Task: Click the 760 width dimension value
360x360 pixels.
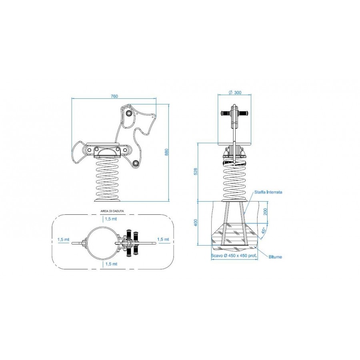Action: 114,96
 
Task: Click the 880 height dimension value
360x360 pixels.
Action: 167,152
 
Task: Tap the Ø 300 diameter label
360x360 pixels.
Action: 235,92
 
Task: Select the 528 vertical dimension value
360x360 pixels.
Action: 196,171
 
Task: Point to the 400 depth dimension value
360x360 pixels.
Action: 196,222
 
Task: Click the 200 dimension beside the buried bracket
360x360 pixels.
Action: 265,212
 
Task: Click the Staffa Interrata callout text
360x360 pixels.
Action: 268,192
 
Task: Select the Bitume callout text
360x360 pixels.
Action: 275,257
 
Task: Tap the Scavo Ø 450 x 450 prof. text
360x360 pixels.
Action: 234,256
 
